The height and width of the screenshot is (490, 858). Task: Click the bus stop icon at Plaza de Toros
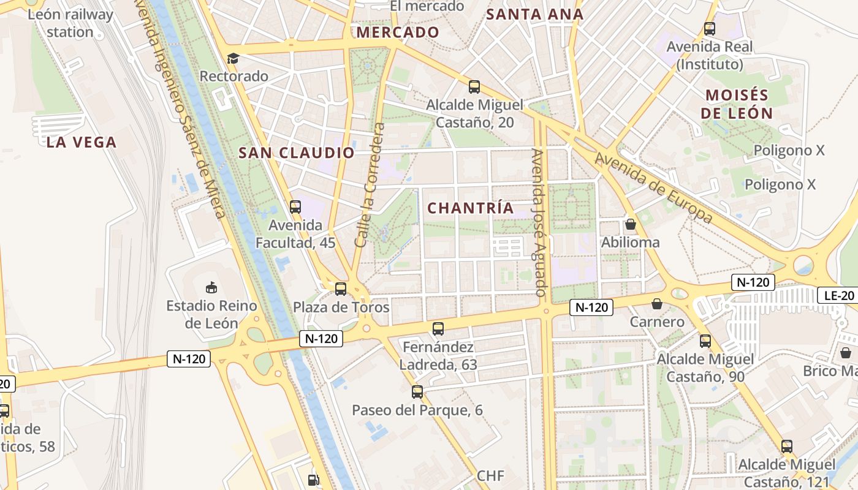(341, 288)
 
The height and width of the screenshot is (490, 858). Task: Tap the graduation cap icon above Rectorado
(233, 58)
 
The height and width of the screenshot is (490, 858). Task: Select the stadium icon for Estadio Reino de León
(211, 287)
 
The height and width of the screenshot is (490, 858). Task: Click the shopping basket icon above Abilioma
(630, 224)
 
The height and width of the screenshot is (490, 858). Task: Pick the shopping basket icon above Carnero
(657, 303)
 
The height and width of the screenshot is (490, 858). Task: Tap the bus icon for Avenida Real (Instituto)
(710, 28)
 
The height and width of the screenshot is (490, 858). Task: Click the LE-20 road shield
(838, 296)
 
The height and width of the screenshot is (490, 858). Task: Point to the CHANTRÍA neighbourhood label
(471, 208)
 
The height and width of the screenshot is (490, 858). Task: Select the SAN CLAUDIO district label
(297, 153)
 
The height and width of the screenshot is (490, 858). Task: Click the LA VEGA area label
(82, 143)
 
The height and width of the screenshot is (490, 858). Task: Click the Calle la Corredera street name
(370, 185)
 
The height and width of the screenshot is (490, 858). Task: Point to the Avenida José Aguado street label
(539, 222)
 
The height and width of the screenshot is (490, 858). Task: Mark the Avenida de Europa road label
(653, 187)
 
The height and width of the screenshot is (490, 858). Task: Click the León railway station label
(70, 23)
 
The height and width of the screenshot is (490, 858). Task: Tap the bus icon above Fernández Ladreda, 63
(438, 329)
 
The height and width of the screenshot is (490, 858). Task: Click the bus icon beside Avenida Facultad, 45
(295, 207)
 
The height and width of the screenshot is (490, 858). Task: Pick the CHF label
(490, 476)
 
